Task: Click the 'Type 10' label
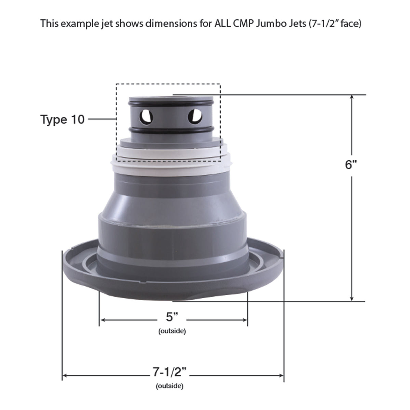tap(62, 119)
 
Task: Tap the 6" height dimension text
tap(351, 164)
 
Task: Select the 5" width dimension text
tap(172, 317)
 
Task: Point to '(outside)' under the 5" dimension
tap(172, 331)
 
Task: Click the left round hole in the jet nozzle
tap(146, 117)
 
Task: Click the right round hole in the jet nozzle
tap(195, 116)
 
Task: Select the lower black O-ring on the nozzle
tap(170, 130)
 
